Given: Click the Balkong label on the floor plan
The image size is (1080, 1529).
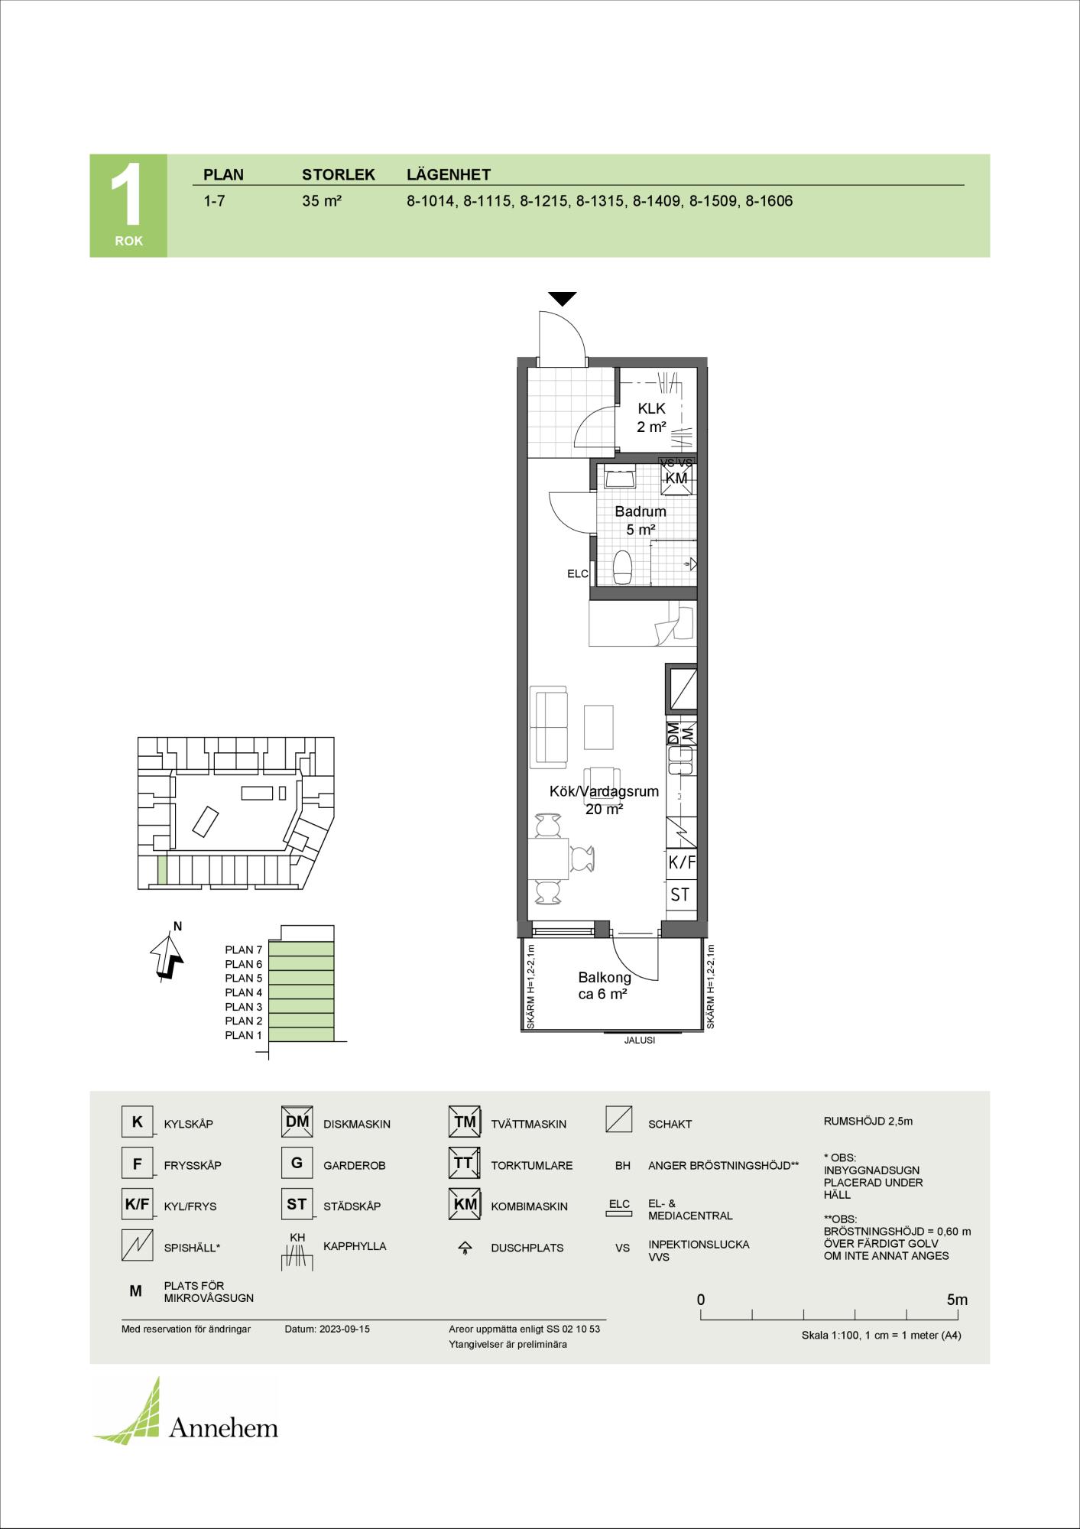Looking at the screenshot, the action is [604, 977].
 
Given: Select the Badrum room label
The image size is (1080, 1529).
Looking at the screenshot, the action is [641, 511].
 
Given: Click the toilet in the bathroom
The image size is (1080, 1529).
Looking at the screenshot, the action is [623, 566].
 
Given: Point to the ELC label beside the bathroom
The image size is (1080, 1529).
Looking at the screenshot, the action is [578, 573].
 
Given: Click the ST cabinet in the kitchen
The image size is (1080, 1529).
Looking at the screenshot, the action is [680, 894].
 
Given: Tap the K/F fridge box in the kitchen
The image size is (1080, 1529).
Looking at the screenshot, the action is [681, 863].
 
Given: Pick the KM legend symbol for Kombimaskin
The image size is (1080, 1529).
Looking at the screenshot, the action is [464, 1204].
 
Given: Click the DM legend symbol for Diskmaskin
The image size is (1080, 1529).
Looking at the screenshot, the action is [297, 1122].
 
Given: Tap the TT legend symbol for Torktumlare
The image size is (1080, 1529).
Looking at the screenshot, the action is [464, 1163].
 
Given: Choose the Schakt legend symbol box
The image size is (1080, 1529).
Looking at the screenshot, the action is [618, 1119].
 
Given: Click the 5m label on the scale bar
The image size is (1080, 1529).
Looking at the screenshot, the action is [957, 1300].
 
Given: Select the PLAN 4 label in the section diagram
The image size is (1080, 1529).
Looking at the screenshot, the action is [244, 992].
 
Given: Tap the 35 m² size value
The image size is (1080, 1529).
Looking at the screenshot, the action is [322, 201].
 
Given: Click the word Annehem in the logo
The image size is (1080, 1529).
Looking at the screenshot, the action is [223, 1427].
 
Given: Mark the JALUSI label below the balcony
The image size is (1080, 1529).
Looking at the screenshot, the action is [640, 1040].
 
